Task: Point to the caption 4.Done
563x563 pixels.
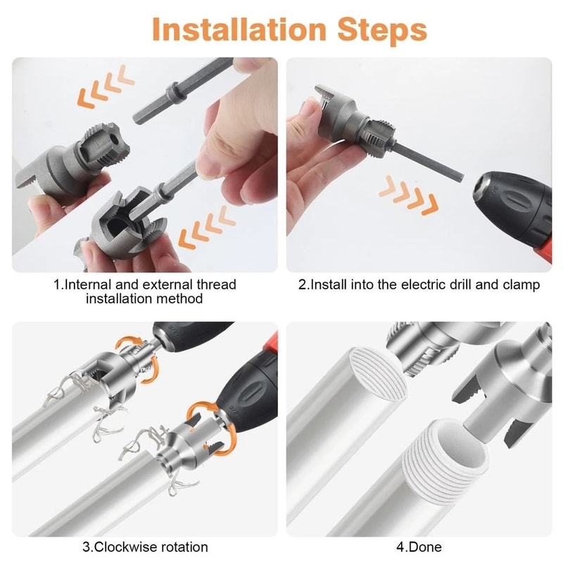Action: pos(422,547)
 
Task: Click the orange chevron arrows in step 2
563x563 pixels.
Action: pos(408,194)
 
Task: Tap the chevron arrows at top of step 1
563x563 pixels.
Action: pos(106,88)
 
